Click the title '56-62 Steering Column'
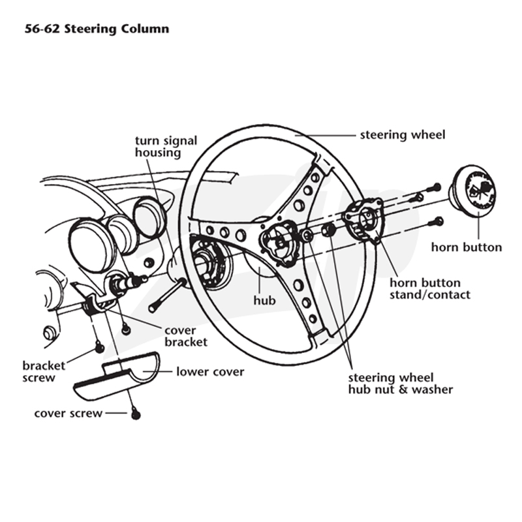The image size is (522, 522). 97,29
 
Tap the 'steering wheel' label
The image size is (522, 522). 403,135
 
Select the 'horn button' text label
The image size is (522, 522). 467,247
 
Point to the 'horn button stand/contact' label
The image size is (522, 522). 430,288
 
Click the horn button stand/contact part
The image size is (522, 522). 363,219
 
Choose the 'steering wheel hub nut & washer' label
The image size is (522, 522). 401,384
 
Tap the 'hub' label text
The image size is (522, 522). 265,300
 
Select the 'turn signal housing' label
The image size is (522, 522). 166,146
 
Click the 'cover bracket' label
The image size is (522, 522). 186,336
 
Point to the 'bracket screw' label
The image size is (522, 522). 44,371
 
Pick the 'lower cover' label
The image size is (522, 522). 210,371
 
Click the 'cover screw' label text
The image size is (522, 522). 69,414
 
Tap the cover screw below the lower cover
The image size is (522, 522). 136,414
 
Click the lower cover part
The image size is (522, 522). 116,376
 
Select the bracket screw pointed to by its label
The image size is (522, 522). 99,348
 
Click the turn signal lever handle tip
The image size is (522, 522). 152,309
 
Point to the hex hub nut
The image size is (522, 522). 329,230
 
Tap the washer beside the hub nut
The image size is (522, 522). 306,235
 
